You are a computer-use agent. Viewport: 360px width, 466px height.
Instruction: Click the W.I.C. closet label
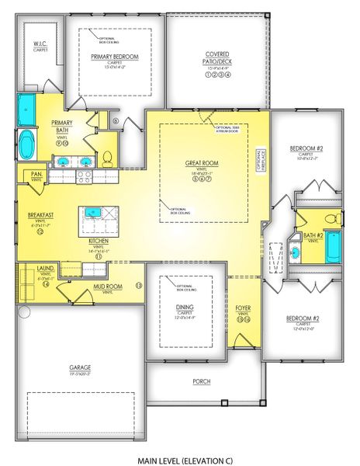pos(40,46)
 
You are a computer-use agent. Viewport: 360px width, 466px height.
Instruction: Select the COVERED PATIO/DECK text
pos(216,56)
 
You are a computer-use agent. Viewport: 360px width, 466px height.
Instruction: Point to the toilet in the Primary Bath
pos(108,158)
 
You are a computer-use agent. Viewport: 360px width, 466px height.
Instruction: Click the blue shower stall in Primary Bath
pos(28,106)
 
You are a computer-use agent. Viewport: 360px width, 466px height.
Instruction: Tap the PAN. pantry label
pos(36,173)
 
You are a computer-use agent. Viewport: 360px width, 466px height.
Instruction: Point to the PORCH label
pos(202,381)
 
